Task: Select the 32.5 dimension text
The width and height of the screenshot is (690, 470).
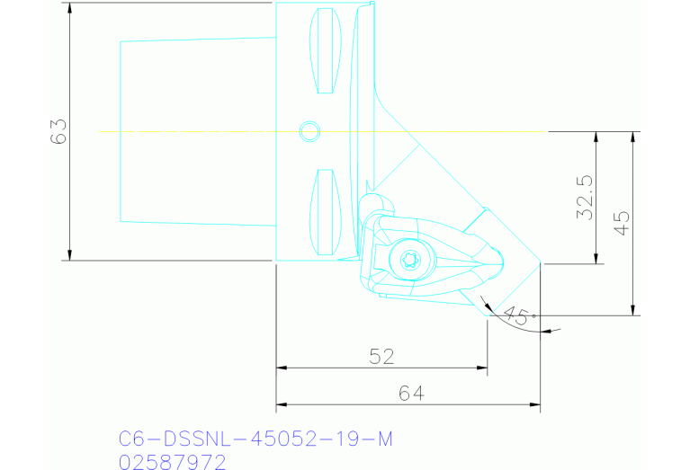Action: pyautogui.click(x=584, y=198)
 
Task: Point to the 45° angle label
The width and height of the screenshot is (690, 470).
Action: pyautogui.click(x=517, y=316)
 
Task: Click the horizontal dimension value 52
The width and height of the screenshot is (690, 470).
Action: pyautogui.click(x=381, y=357)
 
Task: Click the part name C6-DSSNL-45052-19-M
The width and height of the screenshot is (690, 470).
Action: pyautogui.click(x=255, y=439)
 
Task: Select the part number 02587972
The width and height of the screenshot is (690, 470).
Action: pyautogui.click(x=172, y=461)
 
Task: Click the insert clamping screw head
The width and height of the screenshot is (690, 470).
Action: pyautogui.click(x=406, y=261)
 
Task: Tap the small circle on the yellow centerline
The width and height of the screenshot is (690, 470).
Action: pyautogui.click(x=309, y=131)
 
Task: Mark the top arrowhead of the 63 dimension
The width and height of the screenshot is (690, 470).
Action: pyautogui.click(x=69, y=6)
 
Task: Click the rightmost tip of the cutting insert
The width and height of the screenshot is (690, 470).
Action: pyautogui.click(x=542, y=263)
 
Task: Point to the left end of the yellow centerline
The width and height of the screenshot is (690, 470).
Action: pyautogui.click(x=100, y=132)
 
